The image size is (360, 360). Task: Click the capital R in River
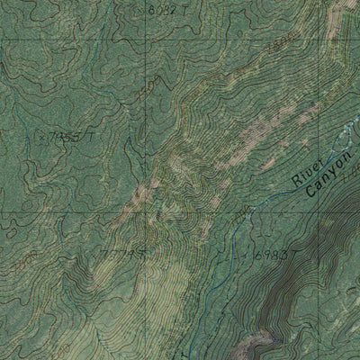[296, 180]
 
